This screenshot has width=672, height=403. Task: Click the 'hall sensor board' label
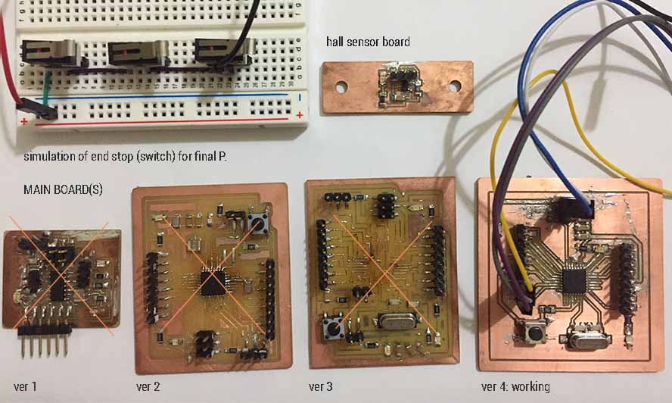[368, 42]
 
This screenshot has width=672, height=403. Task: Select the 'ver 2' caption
[143, 387]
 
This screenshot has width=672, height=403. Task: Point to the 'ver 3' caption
[325, 387]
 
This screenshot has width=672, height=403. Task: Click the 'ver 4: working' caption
[515, 387]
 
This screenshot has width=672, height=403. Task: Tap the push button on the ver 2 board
[257, 222]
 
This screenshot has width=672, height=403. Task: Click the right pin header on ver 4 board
[627, 277]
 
